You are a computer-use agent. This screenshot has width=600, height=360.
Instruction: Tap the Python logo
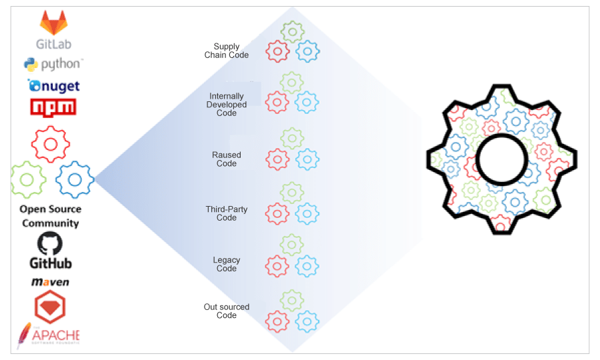(31, 65)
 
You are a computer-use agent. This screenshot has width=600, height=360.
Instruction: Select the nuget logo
(53, 85)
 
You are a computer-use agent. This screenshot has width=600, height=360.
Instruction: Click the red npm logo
(53, 107)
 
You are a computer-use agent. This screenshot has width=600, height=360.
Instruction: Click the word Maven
(51, 282)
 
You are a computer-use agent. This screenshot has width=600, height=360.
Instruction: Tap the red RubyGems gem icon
(49, 306)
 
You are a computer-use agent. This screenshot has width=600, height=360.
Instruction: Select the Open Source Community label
(50, 216)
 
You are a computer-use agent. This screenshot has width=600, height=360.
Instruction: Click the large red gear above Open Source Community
(49, 144)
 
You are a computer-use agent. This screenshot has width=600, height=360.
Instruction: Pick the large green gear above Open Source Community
(28, 179)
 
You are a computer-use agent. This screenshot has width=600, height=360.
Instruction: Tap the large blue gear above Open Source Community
(74, 179)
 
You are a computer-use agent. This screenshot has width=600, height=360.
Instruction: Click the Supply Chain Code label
(227, 51)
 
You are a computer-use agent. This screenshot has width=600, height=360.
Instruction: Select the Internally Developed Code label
(227, 105)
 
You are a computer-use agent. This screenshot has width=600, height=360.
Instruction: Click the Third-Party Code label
(227, 213)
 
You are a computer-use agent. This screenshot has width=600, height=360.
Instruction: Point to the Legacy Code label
(227, 264)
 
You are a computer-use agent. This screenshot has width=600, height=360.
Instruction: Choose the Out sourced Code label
(227, 311)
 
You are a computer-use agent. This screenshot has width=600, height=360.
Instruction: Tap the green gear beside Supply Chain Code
(292, 31)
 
